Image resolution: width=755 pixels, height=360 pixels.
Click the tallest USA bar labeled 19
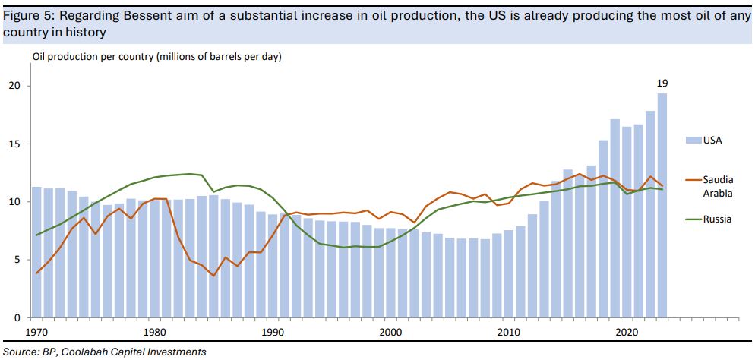pos(662,205)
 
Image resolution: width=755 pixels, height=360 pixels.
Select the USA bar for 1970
pos(36,251)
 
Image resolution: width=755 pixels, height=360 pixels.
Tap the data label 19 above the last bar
pos(662,83)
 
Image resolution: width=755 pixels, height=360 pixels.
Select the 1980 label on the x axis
pos(155,332)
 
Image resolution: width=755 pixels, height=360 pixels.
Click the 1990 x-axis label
pos(273,332)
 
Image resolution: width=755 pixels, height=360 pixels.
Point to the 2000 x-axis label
pos(390,332)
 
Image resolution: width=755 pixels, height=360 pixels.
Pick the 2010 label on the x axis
pos(508,332)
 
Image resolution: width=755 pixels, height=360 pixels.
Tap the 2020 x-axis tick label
pos(627,332)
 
